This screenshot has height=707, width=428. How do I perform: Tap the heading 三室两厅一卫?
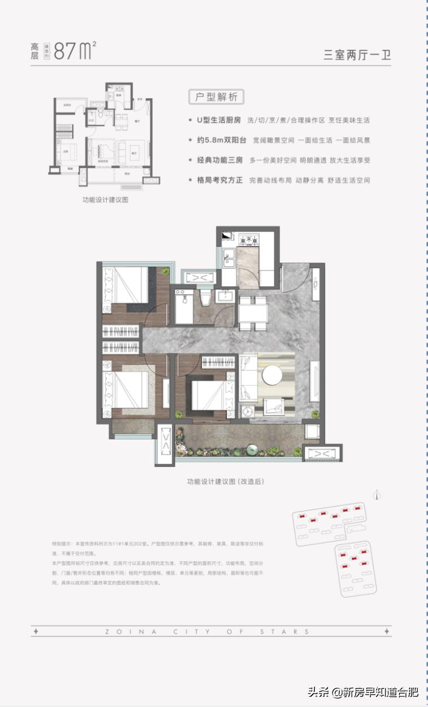coord(357,55)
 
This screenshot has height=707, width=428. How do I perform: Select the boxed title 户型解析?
coord(216,97)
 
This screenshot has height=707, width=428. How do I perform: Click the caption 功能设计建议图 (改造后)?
coord(226,482)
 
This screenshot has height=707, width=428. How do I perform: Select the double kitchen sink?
coord(229,259)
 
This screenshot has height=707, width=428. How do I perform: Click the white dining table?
coord(253,310)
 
